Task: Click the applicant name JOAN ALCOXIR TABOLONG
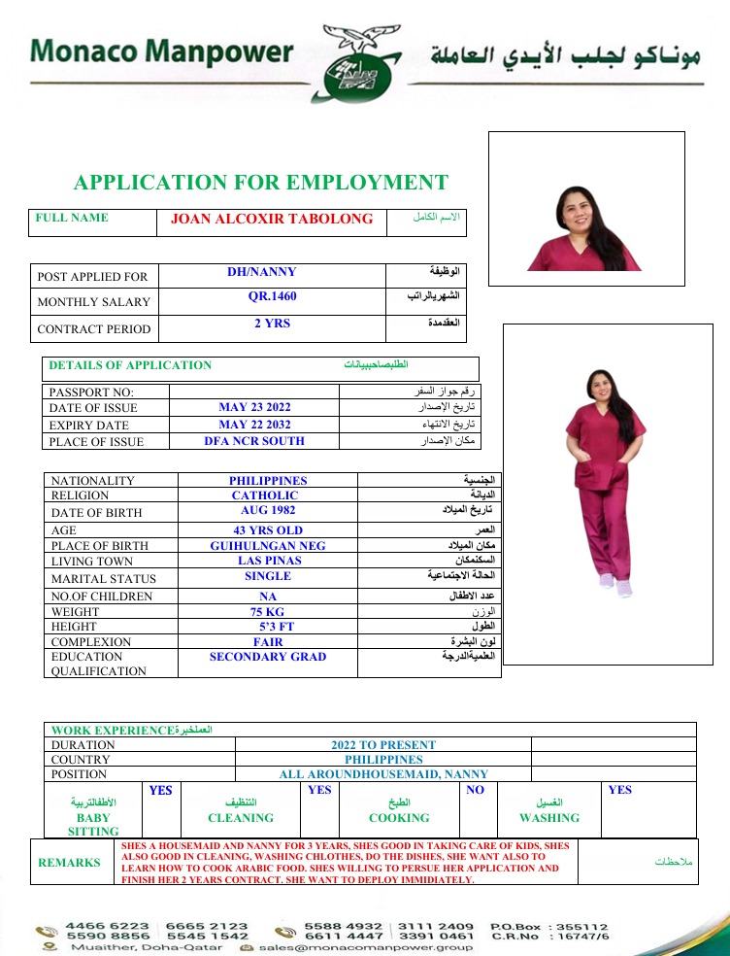point(272,220)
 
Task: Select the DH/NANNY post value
point(262,273)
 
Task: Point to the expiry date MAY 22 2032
point(254,426)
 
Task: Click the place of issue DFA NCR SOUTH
point(254,441)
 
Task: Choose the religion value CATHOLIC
point(265,495)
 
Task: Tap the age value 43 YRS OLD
point(268,530)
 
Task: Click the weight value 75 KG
point(268,612)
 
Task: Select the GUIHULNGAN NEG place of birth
point(268,546)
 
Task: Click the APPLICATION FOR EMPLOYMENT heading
point(261,183)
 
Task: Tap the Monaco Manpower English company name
point(161,51)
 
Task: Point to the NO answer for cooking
point(475,791)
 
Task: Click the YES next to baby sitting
point(161,791)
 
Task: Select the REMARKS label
point(69,863)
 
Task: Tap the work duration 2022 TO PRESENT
point(383,745)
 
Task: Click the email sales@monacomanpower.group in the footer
point(365,947)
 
